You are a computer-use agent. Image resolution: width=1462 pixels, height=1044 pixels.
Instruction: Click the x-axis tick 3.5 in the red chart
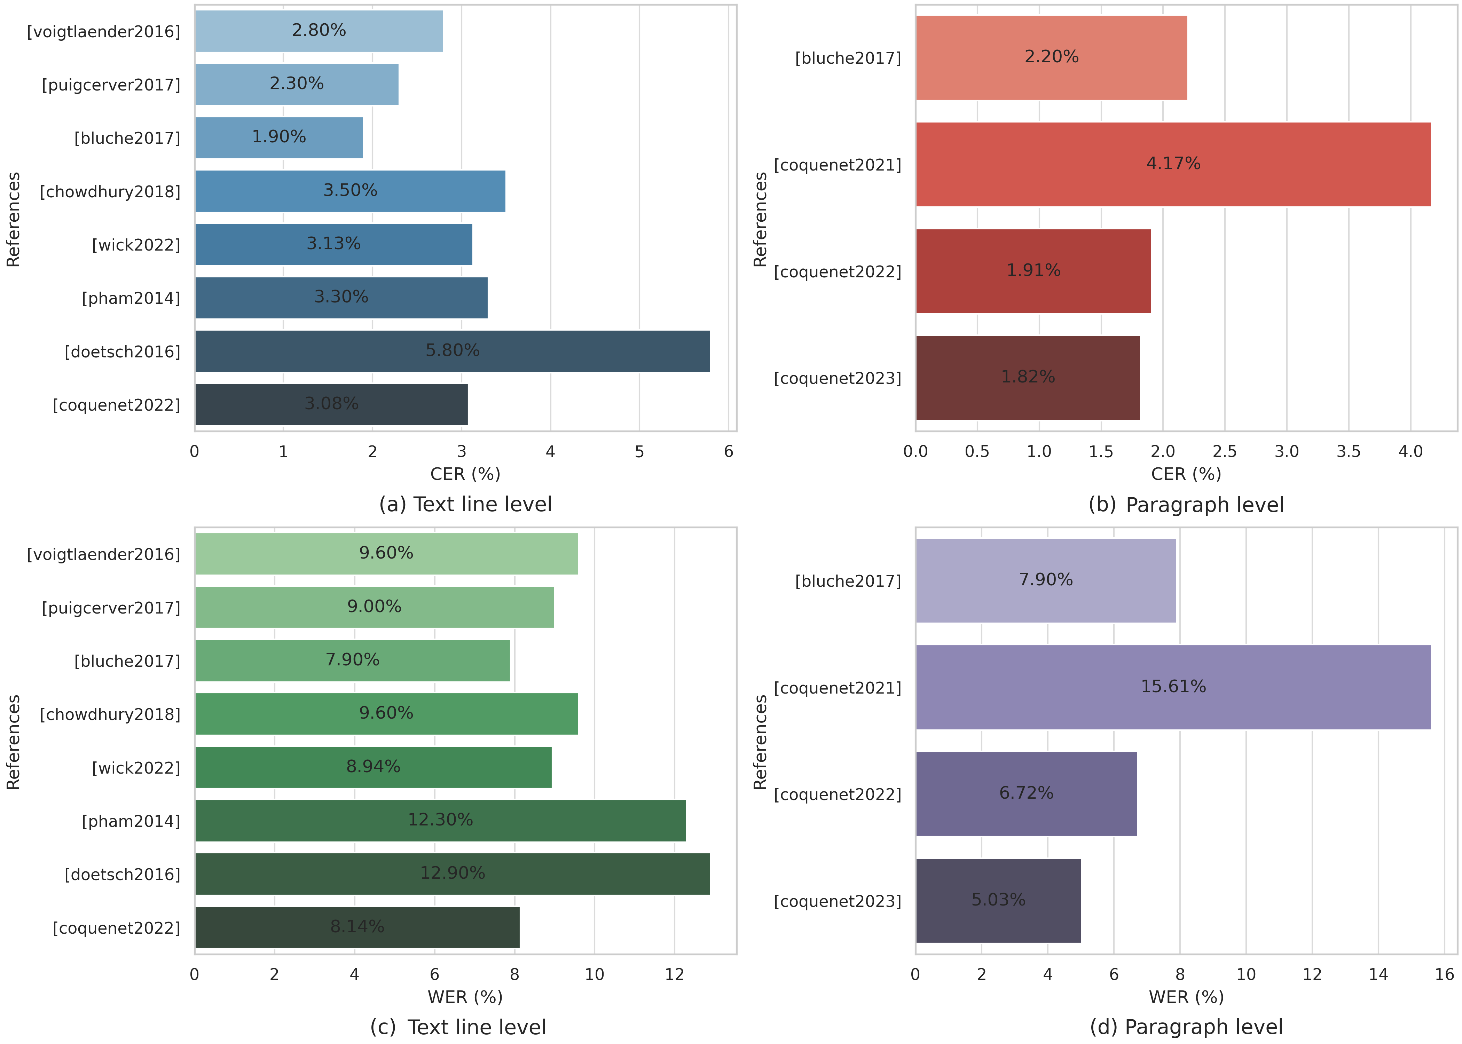[x=1348, y=452]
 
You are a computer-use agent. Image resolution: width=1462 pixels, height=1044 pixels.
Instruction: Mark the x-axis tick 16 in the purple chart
[x=1444, y=974]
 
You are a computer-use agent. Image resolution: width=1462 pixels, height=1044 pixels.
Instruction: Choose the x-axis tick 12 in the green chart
[x=674, y=974]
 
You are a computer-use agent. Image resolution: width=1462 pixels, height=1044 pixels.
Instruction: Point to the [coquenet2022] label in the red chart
[x=837, y=272]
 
